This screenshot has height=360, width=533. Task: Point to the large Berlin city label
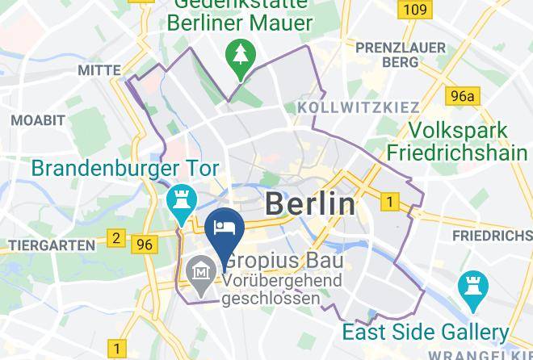tap(310, 203)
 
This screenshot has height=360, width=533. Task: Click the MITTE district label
tap(99, 71)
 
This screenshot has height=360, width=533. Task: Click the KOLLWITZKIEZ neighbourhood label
tap(359, 107)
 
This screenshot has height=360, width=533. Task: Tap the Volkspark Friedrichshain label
tap(458, 141)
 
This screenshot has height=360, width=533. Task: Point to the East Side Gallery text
tap(426, 332)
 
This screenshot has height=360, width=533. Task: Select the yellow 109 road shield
tap(414, 10)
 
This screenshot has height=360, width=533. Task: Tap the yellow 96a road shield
tap(463, 97)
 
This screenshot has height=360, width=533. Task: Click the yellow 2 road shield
tap(117, 239)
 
